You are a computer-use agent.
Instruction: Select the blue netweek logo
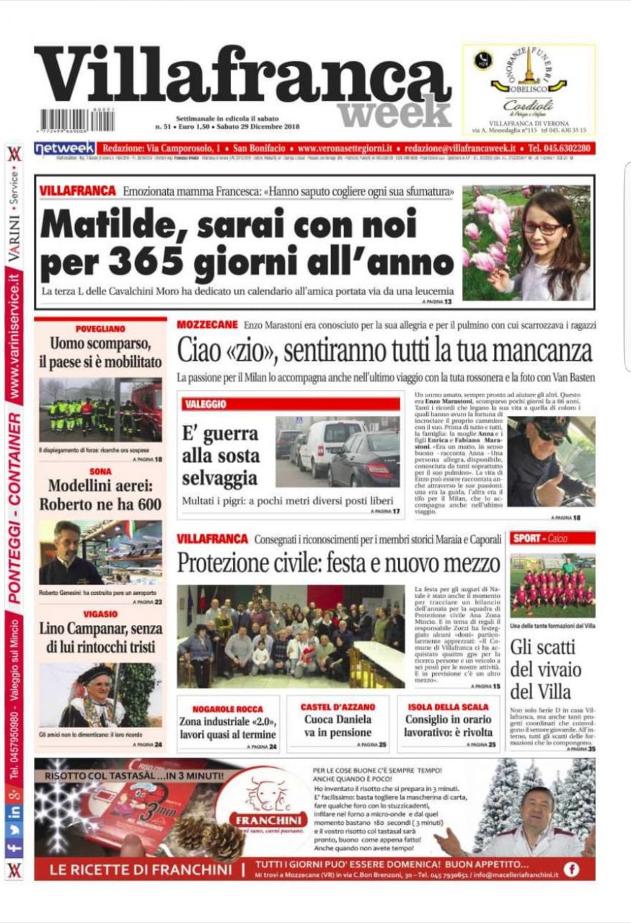click(x=65, y=149)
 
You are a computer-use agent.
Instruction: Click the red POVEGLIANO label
click(x=100, y=328)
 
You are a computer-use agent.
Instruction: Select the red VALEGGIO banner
click(x=291, y=405)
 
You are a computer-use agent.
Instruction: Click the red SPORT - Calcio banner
click(x=552, y=538)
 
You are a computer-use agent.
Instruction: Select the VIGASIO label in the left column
click(x=100, y=614)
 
